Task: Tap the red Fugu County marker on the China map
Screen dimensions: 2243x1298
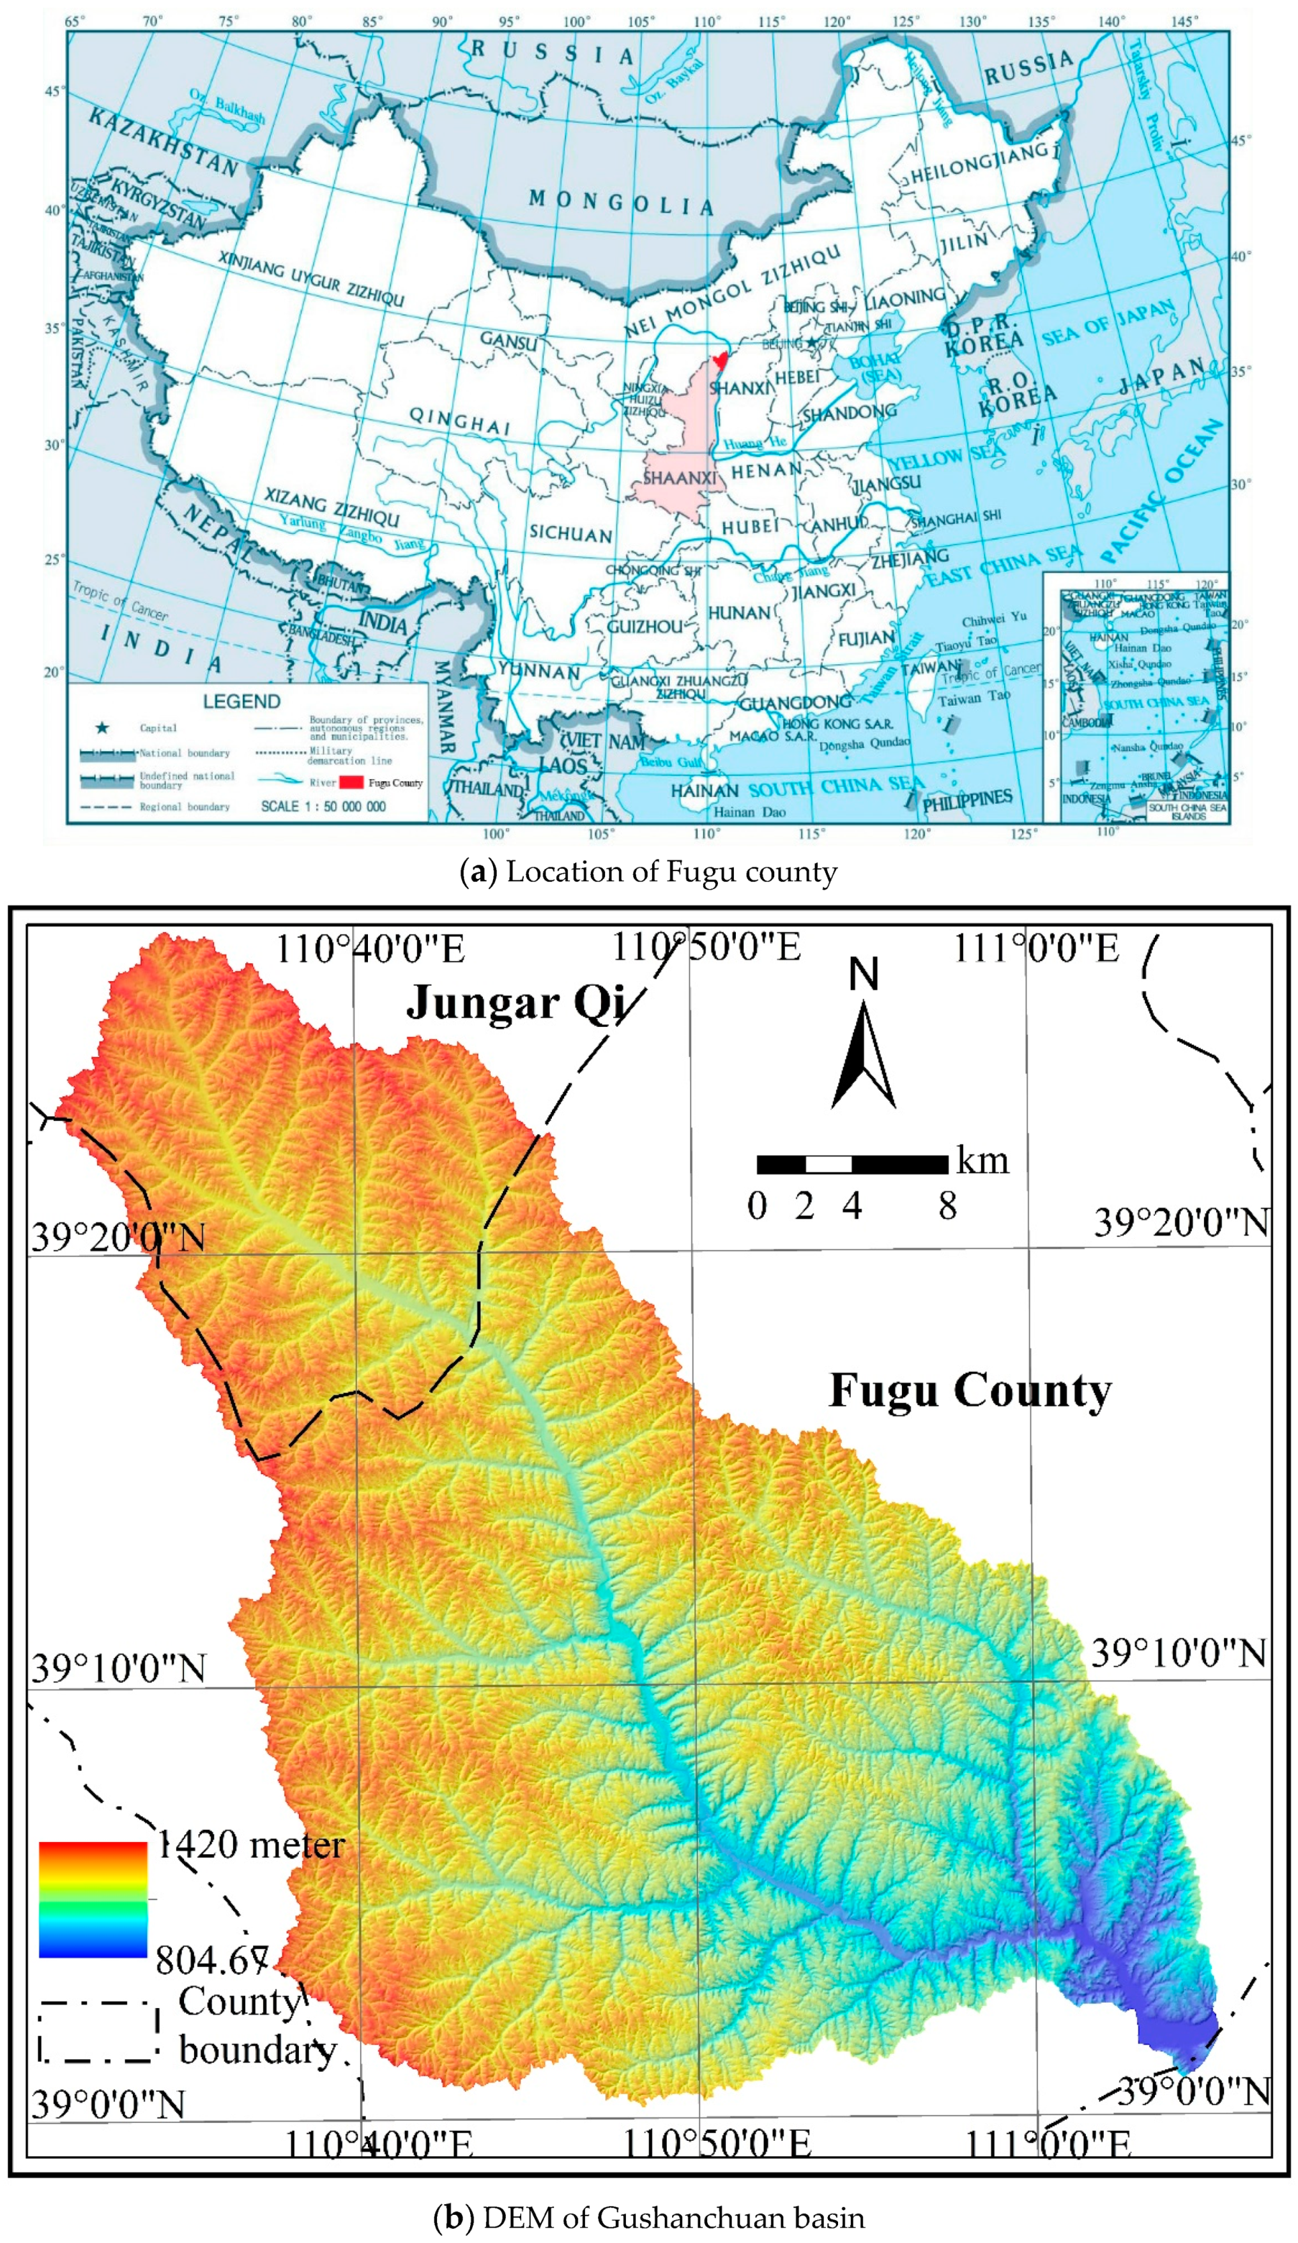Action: tap(720, 360)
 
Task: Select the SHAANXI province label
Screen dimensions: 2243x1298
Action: tap(679, 478)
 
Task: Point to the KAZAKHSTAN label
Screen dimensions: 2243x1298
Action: tap(163, 142)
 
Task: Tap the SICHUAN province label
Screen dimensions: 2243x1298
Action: tap(570, 534)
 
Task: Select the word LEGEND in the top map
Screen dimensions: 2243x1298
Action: tap(241, 701)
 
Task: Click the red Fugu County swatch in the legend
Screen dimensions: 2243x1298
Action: tap(351, 782)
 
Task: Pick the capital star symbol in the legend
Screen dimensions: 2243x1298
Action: tap(102, 728)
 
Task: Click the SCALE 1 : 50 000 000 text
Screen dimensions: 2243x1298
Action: tap(323, 807)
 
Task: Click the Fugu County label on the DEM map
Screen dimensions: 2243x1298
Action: tap(970, 1390)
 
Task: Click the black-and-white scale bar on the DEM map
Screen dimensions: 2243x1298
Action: tap(852, 1164)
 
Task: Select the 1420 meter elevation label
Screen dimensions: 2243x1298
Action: tap(251, 1845)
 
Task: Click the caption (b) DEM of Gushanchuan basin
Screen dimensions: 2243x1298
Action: tap(648, 2217)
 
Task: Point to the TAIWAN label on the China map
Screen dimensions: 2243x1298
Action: tap(930, 667)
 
